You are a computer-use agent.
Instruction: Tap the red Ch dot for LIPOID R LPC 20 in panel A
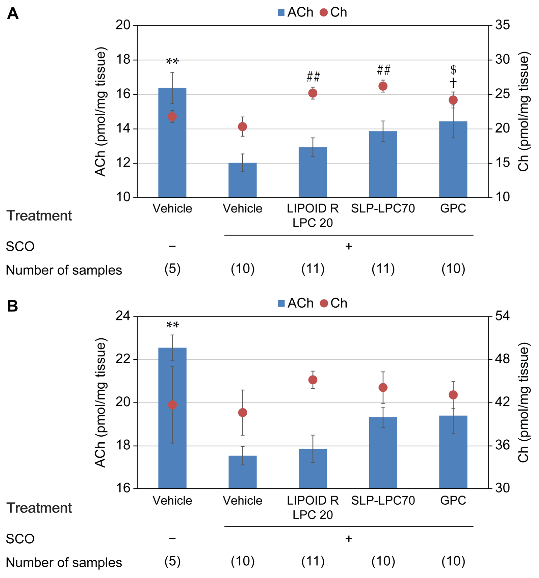pos(313,93)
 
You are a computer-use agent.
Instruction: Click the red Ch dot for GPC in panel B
pos(453,395)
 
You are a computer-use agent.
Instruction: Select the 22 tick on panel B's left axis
pos(123,359)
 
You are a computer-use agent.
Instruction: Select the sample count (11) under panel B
pos(313,561)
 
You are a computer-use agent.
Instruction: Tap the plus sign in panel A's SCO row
pos(348,246)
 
